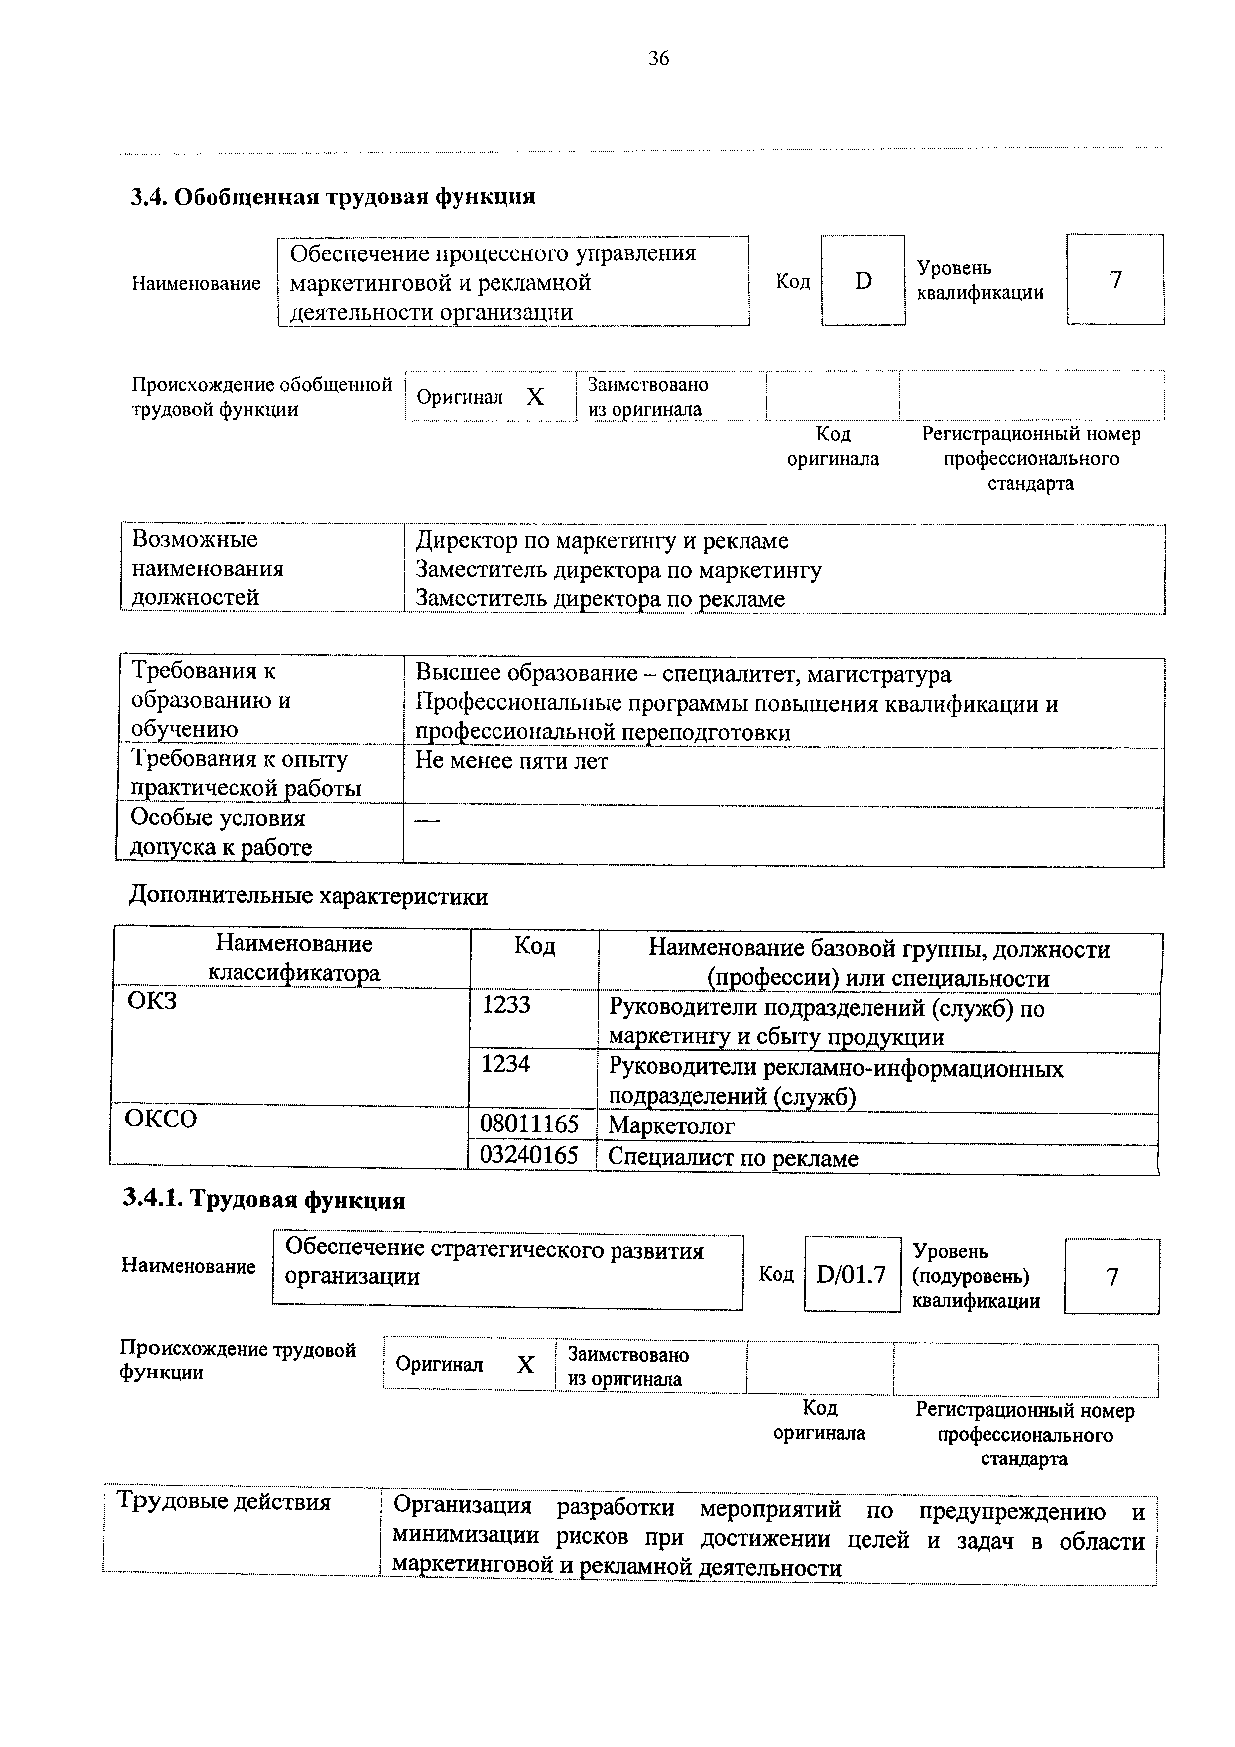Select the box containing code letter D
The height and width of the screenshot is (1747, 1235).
863,281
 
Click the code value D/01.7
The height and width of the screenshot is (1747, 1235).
852,1274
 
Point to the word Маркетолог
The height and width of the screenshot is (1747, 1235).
671,1125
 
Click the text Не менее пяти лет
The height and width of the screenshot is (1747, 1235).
511,761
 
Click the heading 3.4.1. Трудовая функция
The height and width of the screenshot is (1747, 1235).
263,1200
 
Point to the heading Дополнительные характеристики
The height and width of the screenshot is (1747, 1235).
308,896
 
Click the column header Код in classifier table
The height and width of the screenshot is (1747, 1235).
535,946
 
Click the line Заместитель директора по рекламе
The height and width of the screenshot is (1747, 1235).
600,599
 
